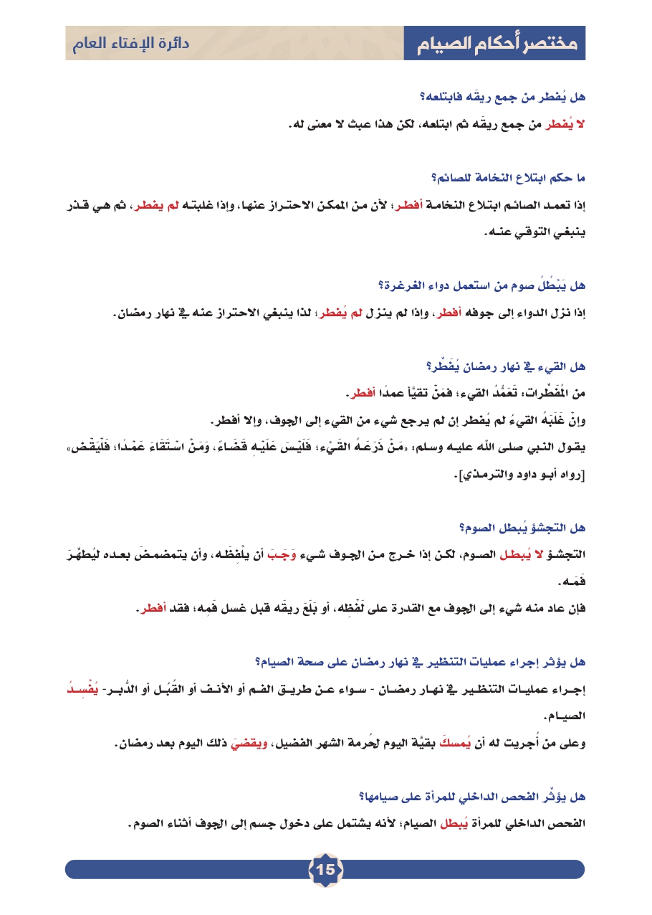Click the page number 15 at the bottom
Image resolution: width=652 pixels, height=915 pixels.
tap(325, 870)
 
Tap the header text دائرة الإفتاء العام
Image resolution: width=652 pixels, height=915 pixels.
tap(130, 44)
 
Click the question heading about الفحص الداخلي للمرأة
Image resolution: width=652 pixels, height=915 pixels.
tap(472, 795)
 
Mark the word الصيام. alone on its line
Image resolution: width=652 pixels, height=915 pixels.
tap(565, 715)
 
